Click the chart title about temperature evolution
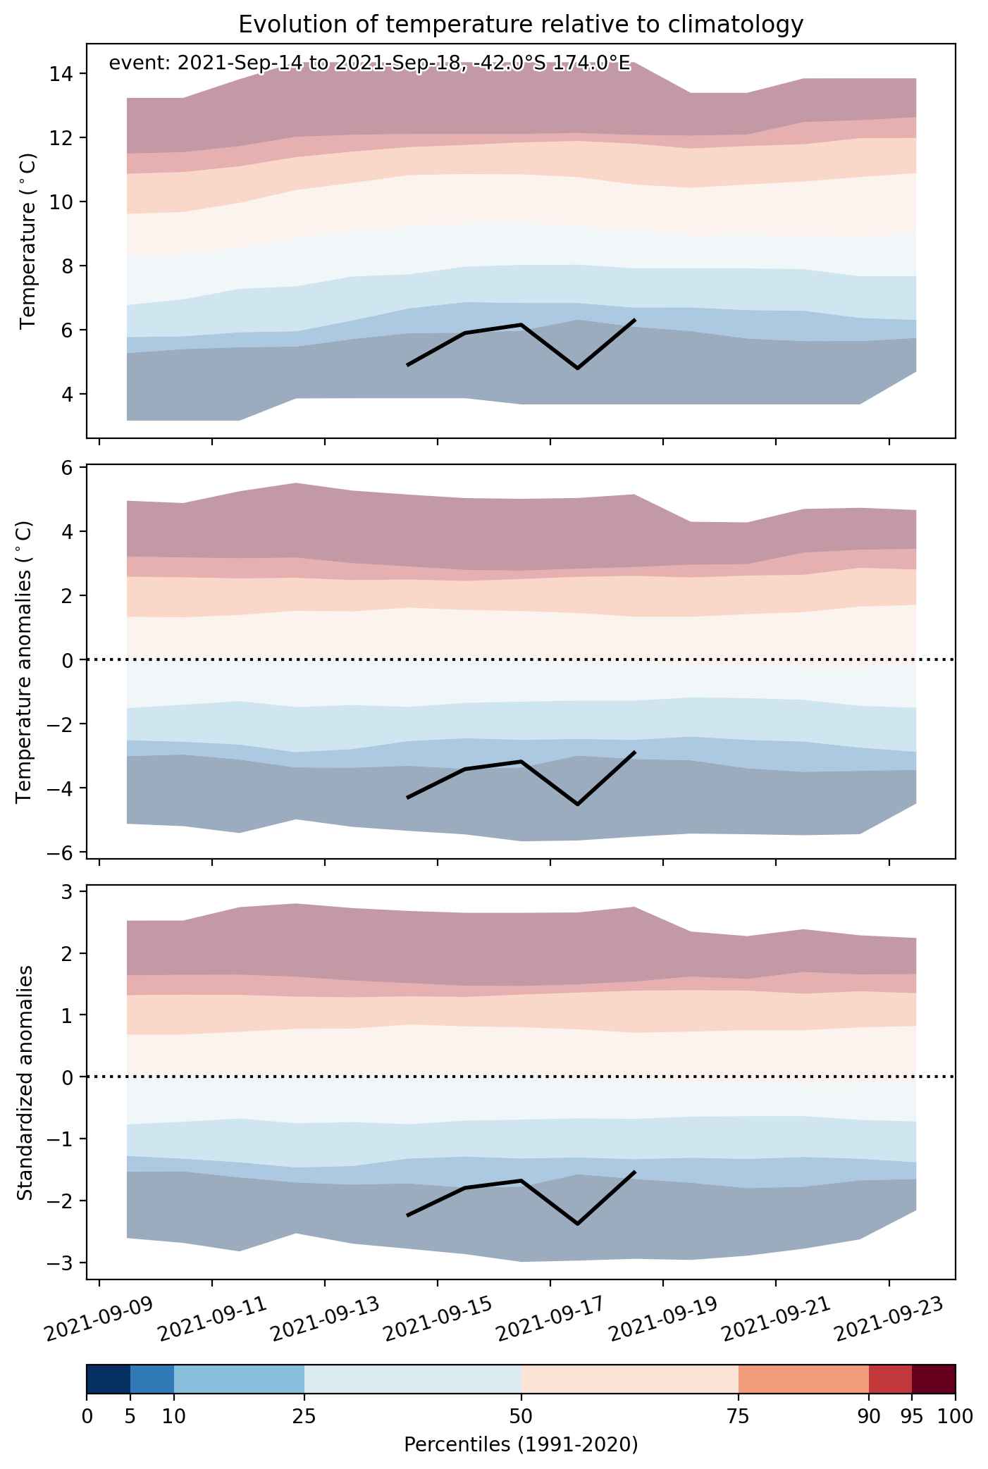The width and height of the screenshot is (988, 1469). [521, 25]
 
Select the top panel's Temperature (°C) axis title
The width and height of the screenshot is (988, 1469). [27, 241]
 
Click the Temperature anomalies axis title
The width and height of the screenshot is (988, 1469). [25, 661]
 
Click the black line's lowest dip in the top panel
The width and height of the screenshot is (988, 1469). [578, 368]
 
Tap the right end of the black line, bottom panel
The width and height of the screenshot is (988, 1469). [635, 1172]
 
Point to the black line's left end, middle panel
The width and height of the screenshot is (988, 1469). [408, 798]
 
